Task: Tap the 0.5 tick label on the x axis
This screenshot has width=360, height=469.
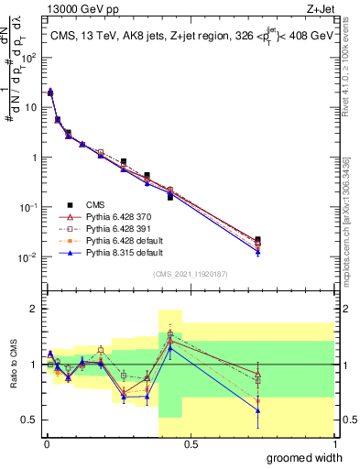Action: pos(190,443)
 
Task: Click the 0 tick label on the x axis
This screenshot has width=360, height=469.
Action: pos(46,443)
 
